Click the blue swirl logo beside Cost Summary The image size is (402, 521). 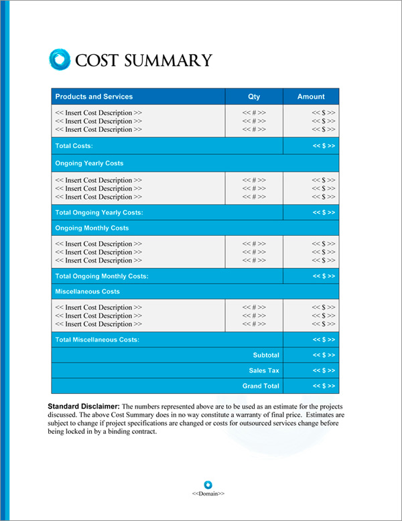[60, 59]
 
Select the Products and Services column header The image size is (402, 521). [94, 96]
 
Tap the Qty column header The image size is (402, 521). [254, 96]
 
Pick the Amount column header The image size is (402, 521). [311, 96]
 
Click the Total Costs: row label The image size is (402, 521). [74, 145]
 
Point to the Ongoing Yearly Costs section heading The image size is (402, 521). [89, 163]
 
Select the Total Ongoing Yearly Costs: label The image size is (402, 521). [99, 212]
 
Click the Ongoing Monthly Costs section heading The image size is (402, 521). [92, 228]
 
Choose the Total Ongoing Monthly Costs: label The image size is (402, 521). [102, 276]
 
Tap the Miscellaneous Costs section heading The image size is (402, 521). [87, 292]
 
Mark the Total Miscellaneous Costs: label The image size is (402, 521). [97, 340]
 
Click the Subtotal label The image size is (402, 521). [266, 355]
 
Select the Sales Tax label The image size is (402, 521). [264, 370]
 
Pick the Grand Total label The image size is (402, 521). [261, 386]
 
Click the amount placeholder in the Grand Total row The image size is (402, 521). [324, 386]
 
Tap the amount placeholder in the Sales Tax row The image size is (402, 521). [324, 370]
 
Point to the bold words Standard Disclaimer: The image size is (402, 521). [84, 406]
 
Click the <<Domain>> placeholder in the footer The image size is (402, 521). [208, 494]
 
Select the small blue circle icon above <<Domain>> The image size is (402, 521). [208, 484]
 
